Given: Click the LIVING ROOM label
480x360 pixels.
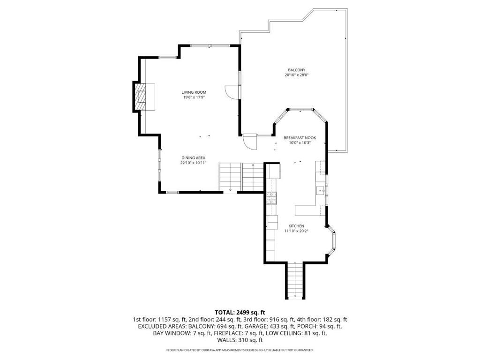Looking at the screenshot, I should tap(194, 92).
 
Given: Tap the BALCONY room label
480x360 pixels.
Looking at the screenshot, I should tap(297, 70).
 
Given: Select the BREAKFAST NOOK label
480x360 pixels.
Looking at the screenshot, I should tap(300, 138).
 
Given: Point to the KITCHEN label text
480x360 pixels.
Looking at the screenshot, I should tap(296, 225).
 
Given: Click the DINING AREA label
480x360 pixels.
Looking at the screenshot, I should tap(193, 157).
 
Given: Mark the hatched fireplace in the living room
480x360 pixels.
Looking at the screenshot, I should tap(140, 97).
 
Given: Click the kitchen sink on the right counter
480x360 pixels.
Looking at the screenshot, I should tap(321, 190).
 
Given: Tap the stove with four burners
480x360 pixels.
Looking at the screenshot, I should tap(271, 198).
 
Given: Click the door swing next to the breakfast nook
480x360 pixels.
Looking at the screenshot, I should tap(250, 141).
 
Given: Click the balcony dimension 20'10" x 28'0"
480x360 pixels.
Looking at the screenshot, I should tap(297, 75).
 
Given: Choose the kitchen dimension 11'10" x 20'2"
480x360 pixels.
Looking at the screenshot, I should tap(296, 231).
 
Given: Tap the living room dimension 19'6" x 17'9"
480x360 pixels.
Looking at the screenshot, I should tap(194, 97).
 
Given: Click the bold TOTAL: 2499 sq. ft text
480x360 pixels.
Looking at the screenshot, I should tap(240, 312).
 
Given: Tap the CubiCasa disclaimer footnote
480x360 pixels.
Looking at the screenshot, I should tap(240, 350).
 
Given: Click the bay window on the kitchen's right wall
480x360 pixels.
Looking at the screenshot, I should tap(333, 240).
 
